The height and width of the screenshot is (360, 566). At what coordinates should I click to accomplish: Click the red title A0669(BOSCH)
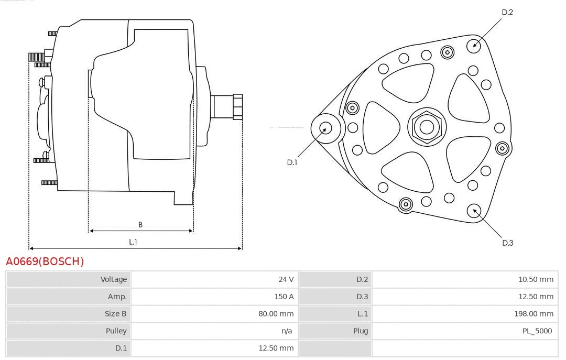(45, 261)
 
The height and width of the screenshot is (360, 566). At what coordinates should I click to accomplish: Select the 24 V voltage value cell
(286, 279)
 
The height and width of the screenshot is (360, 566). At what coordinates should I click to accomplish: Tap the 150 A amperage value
(284, 297)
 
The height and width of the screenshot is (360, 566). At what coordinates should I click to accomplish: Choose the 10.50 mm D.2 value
(536, 279)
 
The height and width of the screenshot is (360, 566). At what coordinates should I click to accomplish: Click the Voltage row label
(114, 279)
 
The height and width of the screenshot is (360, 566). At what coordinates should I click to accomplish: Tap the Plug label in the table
(360, 331)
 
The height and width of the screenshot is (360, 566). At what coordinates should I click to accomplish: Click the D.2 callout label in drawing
(507, 12)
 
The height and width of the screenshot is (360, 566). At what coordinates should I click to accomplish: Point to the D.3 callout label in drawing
(507, 243)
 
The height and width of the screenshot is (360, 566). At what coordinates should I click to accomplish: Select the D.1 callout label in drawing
(292, 162)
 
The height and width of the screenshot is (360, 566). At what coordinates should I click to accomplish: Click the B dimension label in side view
(140, 225)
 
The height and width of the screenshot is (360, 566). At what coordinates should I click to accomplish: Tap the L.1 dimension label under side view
(133, 242)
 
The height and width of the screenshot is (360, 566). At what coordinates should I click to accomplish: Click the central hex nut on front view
(427, 127)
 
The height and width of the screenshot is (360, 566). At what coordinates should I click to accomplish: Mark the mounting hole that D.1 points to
(326, 128)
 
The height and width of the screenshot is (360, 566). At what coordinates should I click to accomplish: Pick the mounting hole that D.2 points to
(474, 45)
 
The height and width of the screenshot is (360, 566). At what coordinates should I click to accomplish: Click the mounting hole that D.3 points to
(475, 211)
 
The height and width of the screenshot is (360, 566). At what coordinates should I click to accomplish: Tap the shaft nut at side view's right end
(237, 106)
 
